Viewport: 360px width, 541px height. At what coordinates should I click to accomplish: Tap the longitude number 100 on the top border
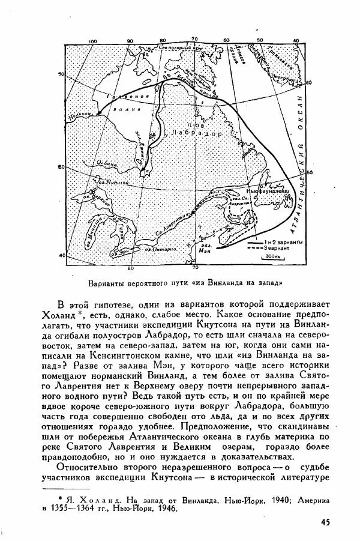92,41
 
